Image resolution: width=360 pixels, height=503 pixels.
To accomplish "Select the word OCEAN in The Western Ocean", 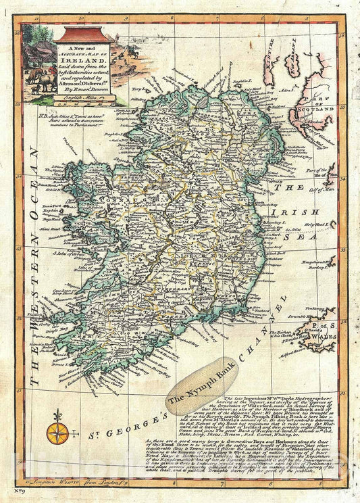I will [32, 191].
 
